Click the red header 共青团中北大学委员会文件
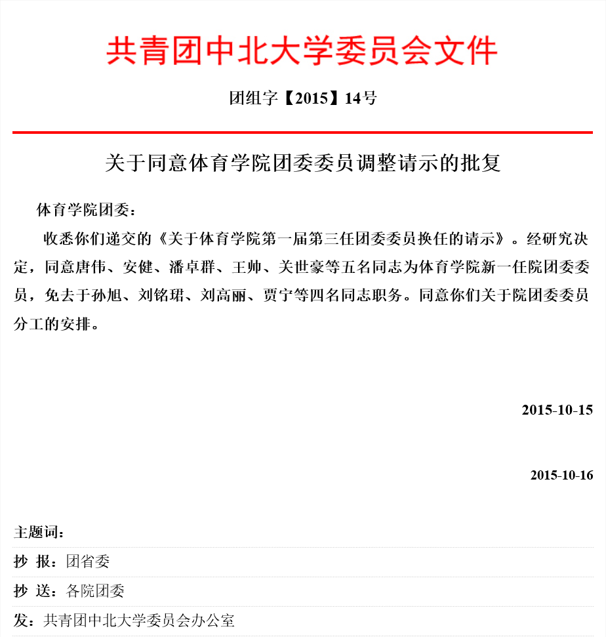click(302, 51)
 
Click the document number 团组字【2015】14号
click(302, 98)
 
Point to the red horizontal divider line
click(302, 133)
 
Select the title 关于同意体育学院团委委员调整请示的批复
click(302, 163)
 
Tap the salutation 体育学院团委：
click(87, 211)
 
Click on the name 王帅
click(248, 268)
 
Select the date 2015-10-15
click(557, 410)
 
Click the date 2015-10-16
click(561, 475)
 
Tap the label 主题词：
click(39, 532)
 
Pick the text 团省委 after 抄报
click(88, 562)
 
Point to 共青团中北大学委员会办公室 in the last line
click(139, 620)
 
